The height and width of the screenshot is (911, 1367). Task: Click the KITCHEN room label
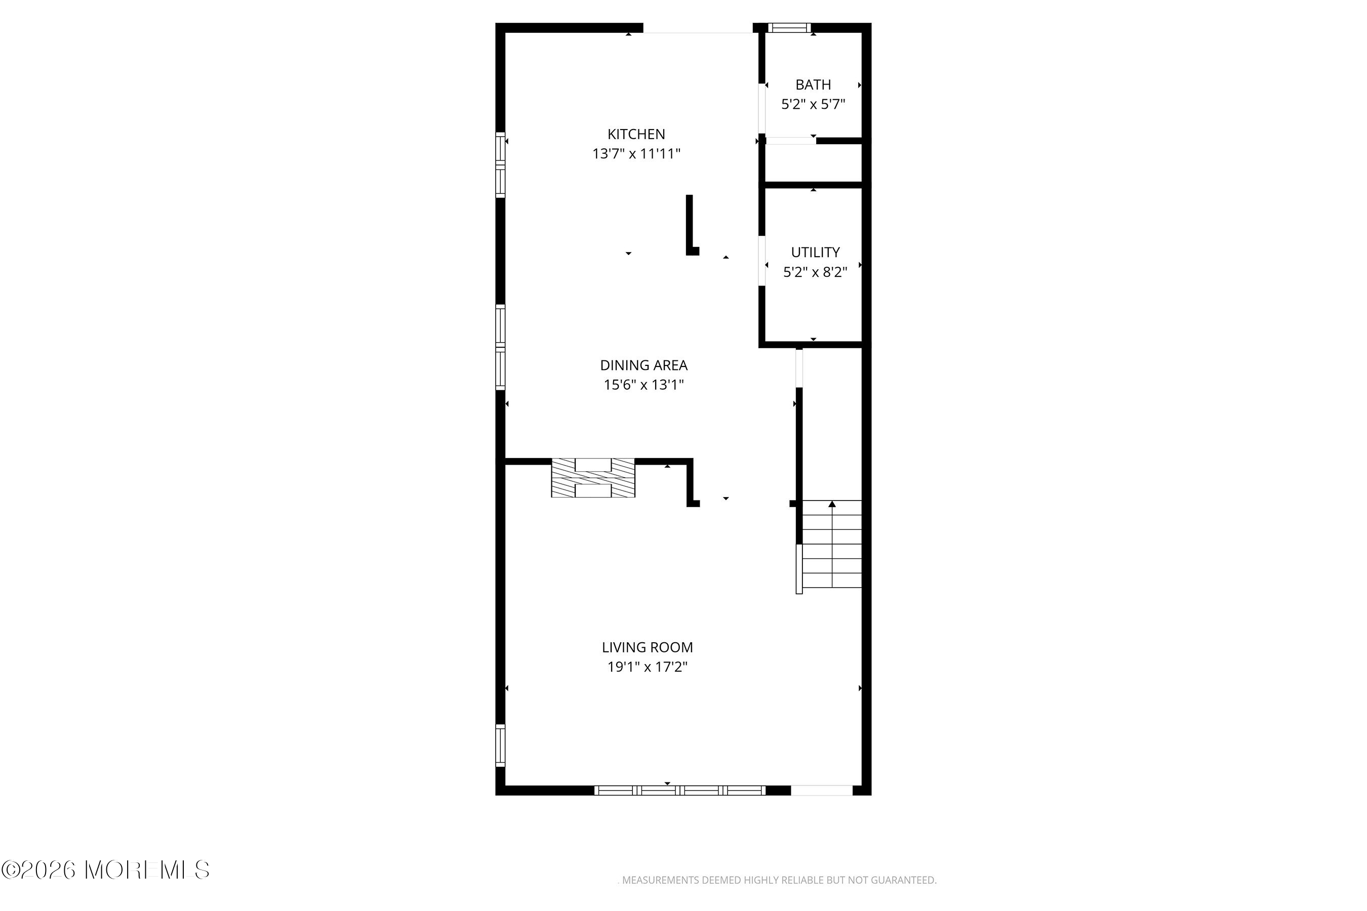[x=636, y=134]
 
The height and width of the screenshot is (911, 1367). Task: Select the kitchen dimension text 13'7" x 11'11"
[x=636, y=154]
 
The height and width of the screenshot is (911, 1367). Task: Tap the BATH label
[x=813, y=85]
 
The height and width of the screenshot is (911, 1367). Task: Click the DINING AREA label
[x=644, y=365]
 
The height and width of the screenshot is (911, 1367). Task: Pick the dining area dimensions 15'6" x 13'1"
[x=644, y=385]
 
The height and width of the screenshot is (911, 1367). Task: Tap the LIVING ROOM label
[x=647, y=647]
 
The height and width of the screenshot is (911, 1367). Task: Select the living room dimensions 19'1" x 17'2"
[x=647, y=667]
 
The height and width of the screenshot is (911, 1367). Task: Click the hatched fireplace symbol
[x=593, y=478]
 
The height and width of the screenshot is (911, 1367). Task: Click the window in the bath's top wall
[x=789, y=27]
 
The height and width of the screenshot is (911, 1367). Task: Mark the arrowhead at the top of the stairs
[x=832, y=504]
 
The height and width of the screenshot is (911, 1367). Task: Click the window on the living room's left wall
[x=500, y=746]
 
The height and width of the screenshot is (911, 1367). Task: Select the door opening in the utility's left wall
[x=761, y=260]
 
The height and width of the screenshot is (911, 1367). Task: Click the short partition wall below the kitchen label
[x=691, y=225]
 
